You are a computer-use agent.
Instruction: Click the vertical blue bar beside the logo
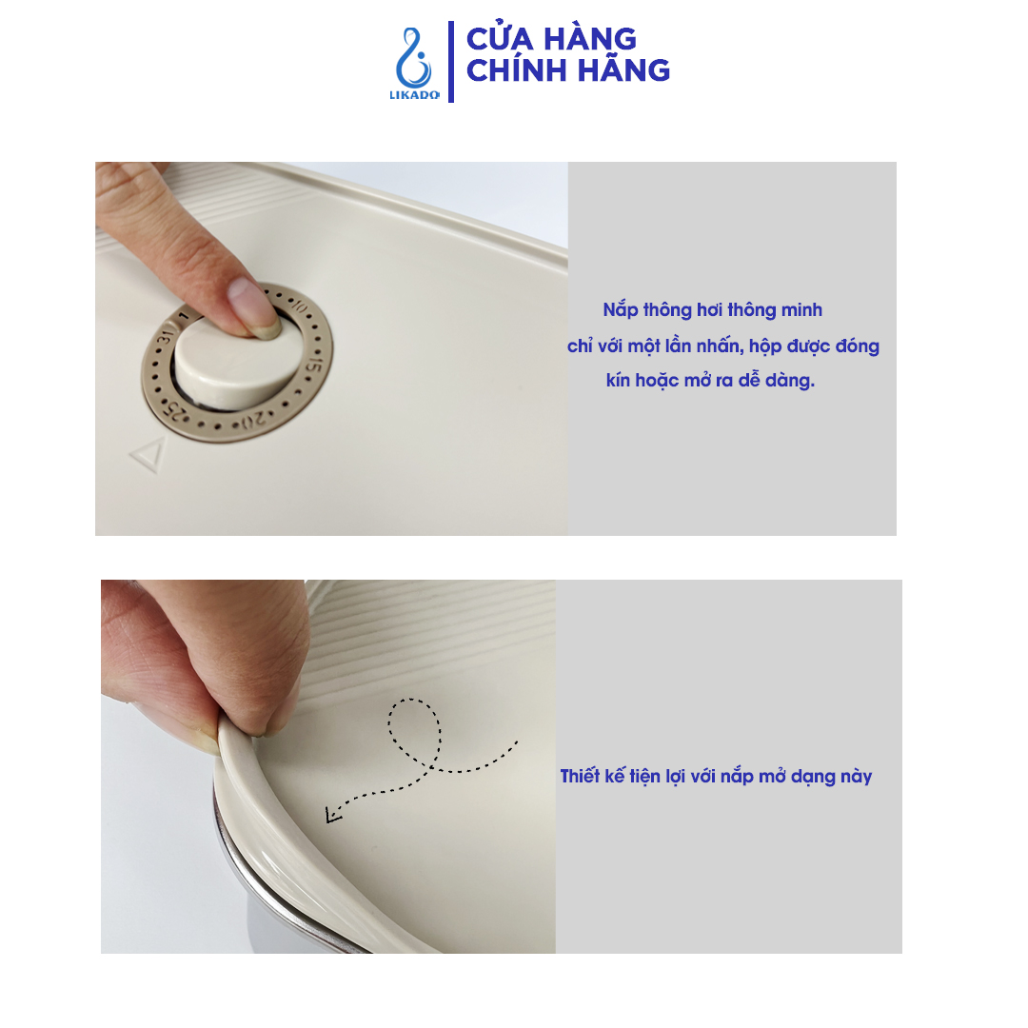pyautogui.click(x=450, y=62)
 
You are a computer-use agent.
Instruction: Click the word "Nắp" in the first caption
pyautogui.click(x=621, y=310)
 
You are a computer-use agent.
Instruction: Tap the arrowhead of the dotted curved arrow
pyautogui.click(x=332, y=814)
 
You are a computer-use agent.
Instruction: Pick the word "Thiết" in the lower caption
pyautogui.click(x=582, y=777)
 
